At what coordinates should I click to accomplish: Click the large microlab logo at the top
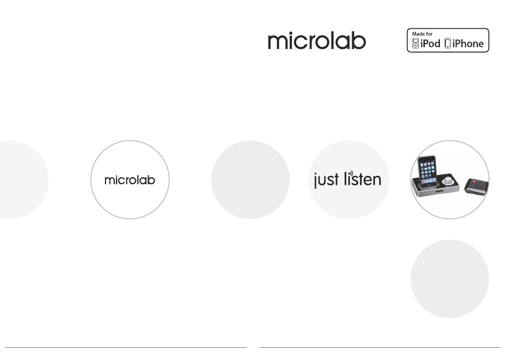tap(317, 40)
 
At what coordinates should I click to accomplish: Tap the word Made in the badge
tap(418, 34)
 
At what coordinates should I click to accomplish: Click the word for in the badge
tap(429, 34)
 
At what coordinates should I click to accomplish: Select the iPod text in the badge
tap(430, 44)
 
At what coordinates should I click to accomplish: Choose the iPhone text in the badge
tap(468, 44)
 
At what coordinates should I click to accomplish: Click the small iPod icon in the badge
tap(415, 43)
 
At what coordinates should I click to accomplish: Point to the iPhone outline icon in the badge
tap(447, 43)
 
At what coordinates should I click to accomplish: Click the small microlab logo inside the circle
tap(130, 180)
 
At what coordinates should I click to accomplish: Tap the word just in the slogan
tap(327, 179)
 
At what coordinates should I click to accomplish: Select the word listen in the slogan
tap(363, 179)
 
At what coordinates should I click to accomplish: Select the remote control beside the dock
tap(477, 186)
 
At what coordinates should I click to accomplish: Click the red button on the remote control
tap(473, 181)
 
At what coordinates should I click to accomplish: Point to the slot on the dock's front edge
tap(439, 191)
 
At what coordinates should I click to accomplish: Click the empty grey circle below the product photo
tap(450, 279)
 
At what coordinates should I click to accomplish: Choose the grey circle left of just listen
tap(250, 179)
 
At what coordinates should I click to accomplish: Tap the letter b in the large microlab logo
tap(360, 40)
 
